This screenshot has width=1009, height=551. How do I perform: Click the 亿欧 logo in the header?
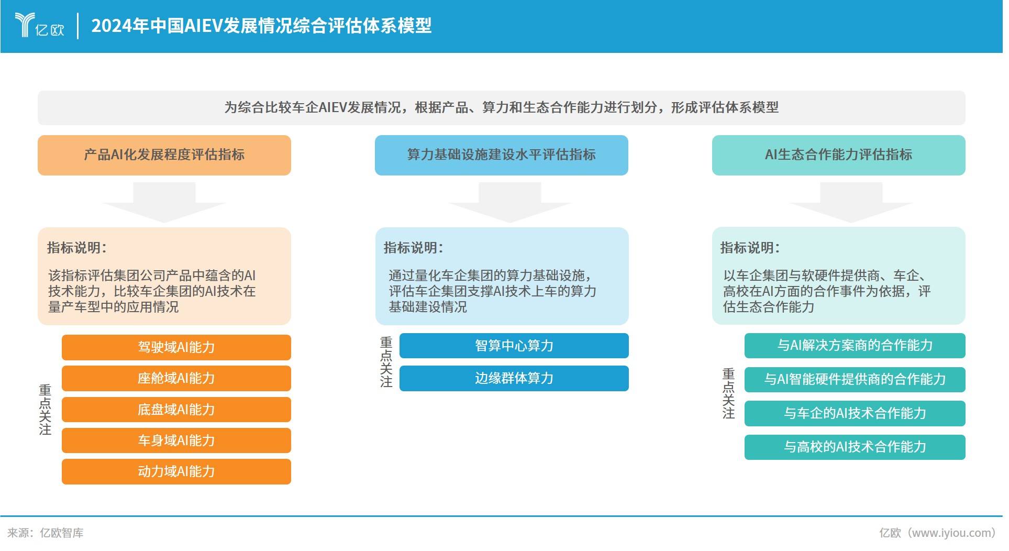click(39, 25)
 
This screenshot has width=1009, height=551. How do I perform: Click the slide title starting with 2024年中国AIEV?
click(261, 26)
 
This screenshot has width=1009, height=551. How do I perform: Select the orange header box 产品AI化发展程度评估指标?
click(164, 155)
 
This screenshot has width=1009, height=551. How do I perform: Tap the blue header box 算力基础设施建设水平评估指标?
click(501, 155)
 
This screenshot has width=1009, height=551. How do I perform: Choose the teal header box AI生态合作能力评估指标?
click(838, 155)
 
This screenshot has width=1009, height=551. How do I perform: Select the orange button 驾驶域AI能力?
click(176, 347)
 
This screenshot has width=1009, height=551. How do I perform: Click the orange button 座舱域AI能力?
click(176, 378)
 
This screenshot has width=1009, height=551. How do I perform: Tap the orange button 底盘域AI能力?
click(176, 410)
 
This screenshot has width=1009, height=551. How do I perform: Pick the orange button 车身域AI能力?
click(176, 440)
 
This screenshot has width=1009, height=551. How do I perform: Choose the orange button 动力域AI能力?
click(176, 471)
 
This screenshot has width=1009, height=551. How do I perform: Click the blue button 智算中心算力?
click(514, 346)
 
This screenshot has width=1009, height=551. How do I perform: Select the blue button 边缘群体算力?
click(514, 378)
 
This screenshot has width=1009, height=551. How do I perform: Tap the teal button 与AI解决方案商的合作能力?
click(855, 346)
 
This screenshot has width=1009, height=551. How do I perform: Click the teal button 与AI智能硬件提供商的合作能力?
click(855, 379)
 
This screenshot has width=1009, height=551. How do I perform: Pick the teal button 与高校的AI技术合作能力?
click(855, 447)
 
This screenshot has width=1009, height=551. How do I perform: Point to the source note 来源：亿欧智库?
click(46, 533)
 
